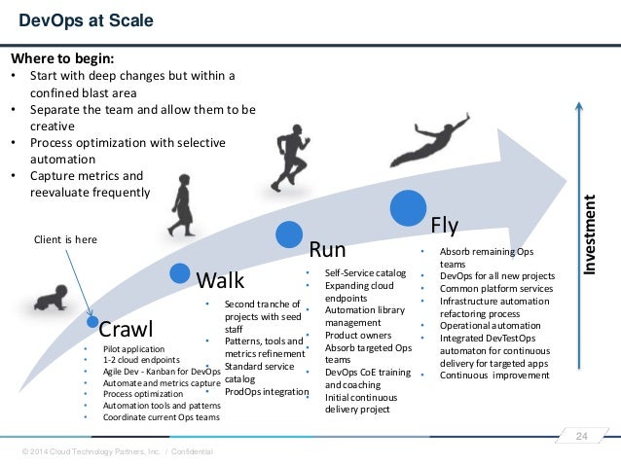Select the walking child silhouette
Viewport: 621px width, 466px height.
pyautogui.click(x=181, y=203)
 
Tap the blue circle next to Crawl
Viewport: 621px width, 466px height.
pyautogui.click(x=91, y=320)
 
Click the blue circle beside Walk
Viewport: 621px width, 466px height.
pyautogui.click(x=179, y=273)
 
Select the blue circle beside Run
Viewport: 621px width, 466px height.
pyautogui.click(x=286, y=233)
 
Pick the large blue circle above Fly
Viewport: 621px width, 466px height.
pyautogui.click(x=409, y=207)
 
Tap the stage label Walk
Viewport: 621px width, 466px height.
pyautogui.click(x=220, y=281)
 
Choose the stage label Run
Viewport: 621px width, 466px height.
pyautogui.click(x=327, y=248)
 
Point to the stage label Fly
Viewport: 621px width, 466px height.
pyautogui.click(x=444, y=226)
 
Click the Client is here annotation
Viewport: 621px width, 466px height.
pyautogui.click(x=66, y=238)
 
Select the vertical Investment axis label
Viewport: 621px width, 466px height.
pyautogui.click(x=590, y=233)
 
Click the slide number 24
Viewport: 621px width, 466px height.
pyautogui.click(x=583, y=434)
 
